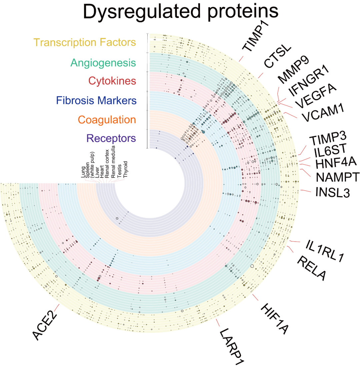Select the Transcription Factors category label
(85, 43)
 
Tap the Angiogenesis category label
(103, 63)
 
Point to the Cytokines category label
(112, 81)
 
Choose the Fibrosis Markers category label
(96, 100)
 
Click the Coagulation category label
(107, 120)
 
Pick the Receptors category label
(111, 138)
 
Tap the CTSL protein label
(277, 56)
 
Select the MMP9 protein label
(293, 70)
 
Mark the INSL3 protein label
(333, 192)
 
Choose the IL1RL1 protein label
(325, 251)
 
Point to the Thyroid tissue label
(125, 169)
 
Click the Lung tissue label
(83, 172)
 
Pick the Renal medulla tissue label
(113, 162)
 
